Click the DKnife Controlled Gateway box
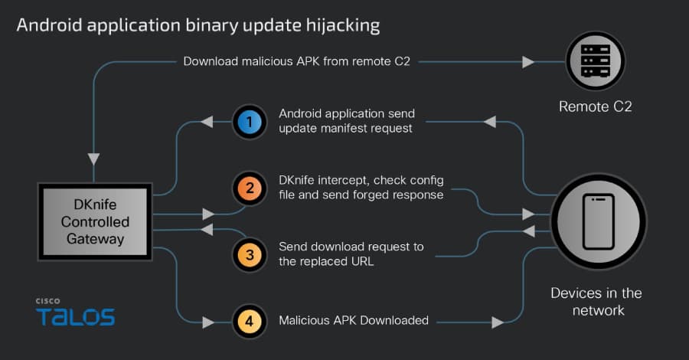click(x=96, y=221)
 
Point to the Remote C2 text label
click(x=596, y=106)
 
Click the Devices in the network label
click(x=596, y=301)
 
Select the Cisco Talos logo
click(x=74, y=313)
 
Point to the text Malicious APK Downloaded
click(x=353, y=320)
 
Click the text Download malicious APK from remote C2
click(x=296, y=61)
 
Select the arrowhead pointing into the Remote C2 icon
click(x=528, y=61)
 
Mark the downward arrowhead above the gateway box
click(x=93, y=159)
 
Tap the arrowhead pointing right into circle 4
click(x=207, y=320)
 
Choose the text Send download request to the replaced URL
click(x=351, y=254)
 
